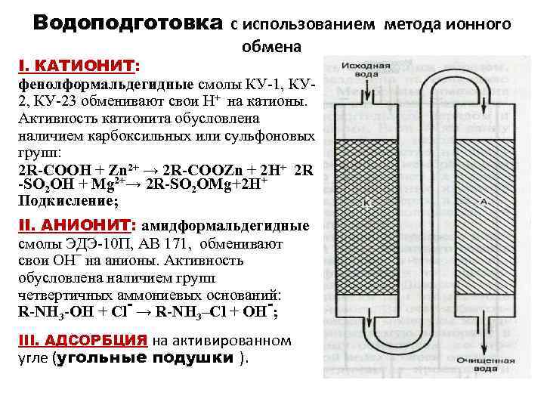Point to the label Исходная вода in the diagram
pyautogui.click(x=365, y=70)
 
